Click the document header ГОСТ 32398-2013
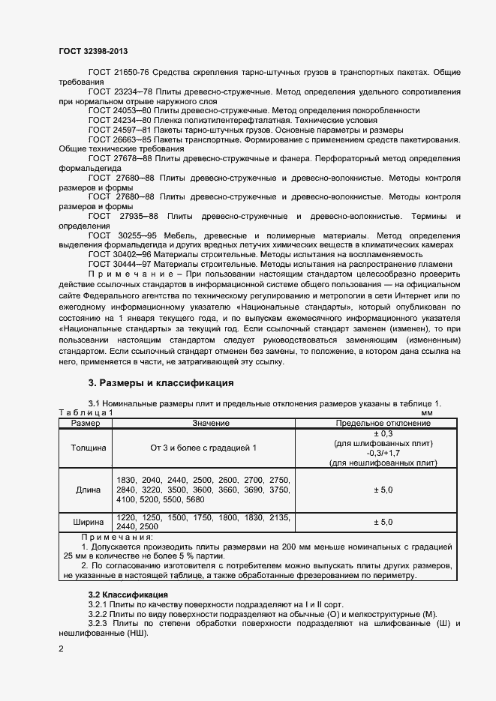click(93, 50)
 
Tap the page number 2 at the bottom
click(61, 649)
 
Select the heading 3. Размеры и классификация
click(161, 383)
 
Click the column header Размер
click(86, 424)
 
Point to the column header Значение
click(203, 424)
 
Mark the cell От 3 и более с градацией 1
click(203, 448)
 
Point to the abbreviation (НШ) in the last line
click(137, 633)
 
